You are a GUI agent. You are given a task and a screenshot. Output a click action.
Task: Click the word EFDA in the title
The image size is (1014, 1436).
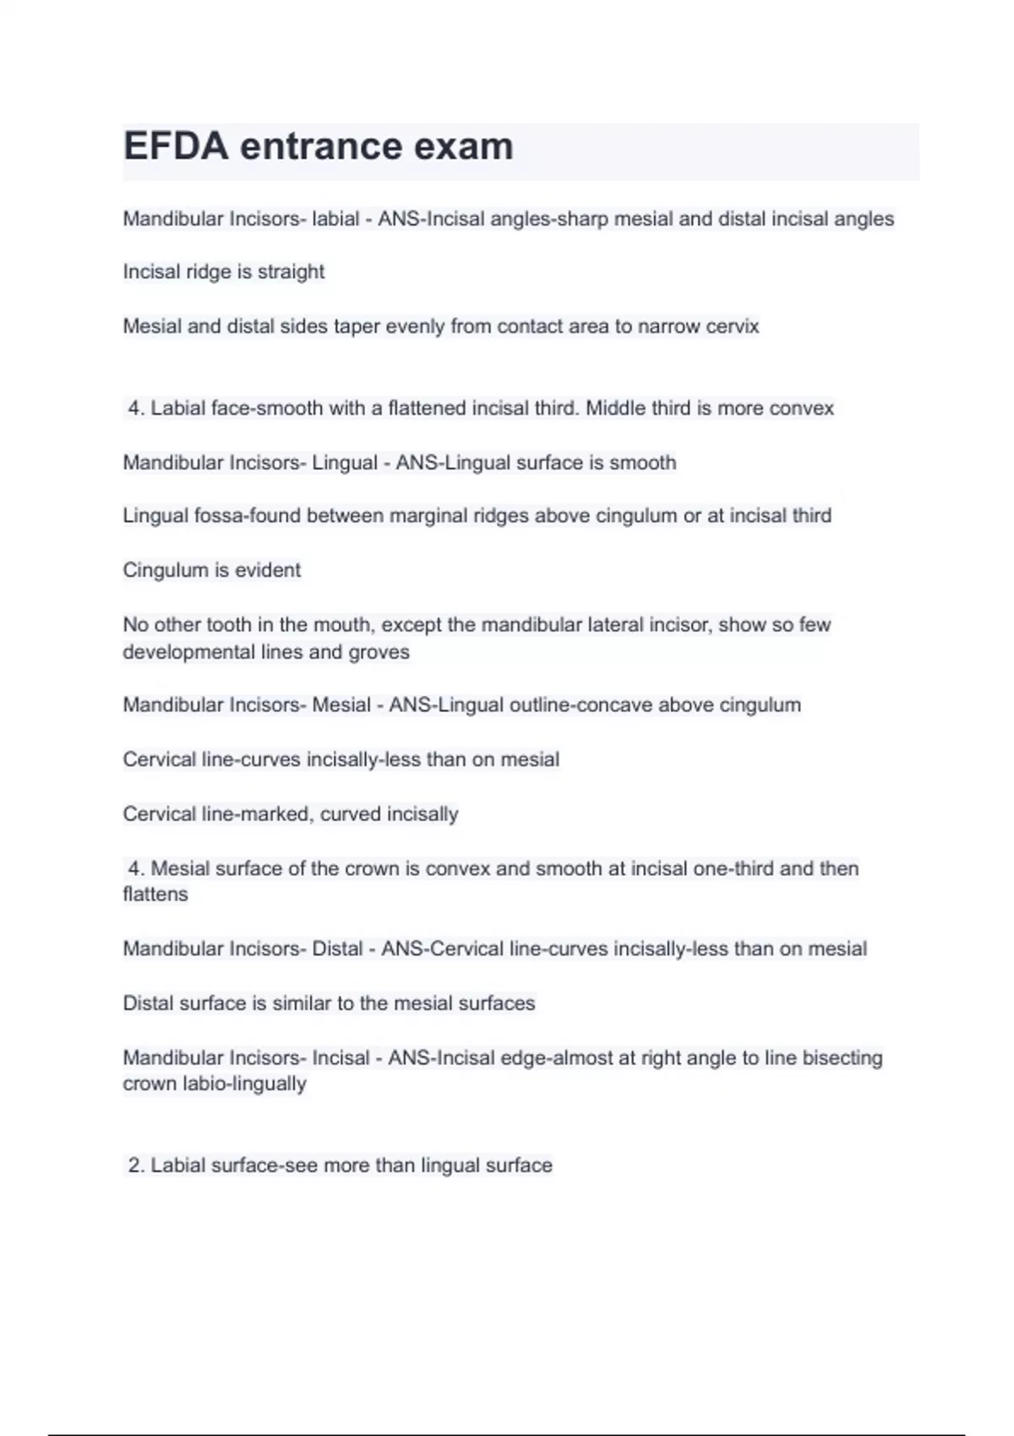(176, 146)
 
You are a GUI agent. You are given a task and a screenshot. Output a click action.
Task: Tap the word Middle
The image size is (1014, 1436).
(615, 408)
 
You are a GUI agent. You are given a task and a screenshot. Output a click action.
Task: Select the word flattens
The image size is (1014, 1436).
(155, 895)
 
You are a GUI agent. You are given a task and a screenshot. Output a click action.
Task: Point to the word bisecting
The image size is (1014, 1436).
(842, 1058)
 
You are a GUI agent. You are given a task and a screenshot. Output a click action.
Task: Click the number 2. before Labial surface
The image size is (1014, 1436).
(136, 1166)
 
